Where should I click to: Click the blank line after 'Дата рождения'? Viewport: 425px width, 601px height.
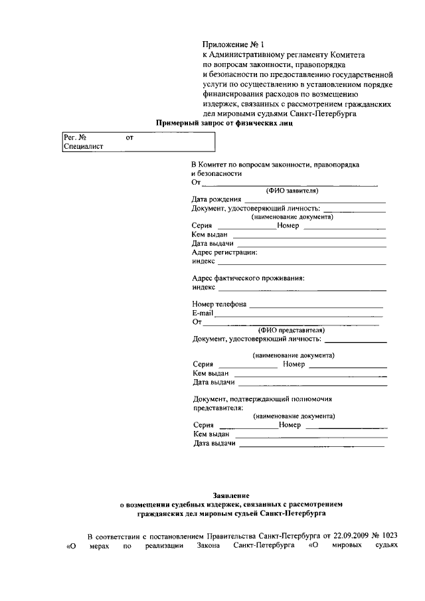[x=315, y=199]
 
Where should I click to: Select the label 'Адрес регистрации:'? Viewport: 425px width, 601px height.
[x=224, y=252]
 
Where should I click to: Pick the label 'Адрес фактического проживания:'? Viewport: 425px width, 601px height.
[x=248, y=278]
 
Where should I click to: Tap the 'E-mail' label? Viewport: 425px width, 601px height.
[x=203, y=313]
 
